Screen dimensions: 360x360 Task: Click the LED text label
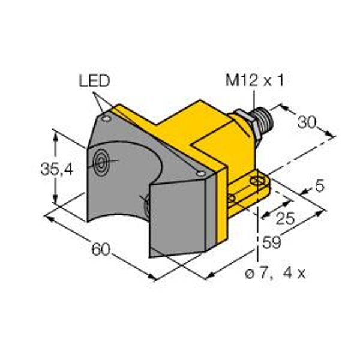tap(94, 81)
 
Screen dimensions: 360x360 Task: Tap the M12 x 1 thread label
tap(254, 80)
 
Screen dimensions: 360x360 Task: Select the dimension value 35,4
tap(57, 170)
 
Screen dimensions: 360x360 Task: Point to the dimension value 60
tap(101, 250)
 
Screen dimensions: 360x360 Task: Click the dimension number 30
tap(307, 122)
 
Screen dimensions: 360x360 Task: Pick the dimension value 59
tap(272, 242)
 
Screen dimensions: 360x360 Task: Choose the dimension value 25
tap(285, 218)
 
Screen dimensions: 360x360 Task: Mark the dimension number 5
tap(320, 186)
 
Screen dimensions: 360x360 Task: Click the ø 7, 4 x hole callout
tap(275, 274)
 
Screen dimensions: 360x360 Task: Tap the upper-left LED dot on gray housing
tap(106, 119)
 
